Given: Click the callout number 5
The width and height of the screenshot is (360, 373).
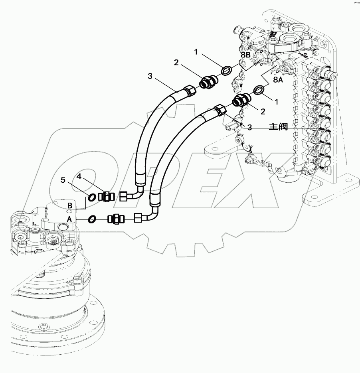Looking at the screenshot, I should pos(63,180).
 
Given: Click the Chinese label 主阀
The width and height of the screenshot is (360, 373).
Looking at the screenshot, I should pos(278,127).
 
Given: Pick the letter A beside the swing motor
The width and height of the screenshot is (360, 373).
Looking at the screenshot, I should pos(69,219).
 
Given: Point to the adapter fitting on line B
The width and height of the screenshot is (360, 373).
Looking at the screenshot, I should pos(107,196).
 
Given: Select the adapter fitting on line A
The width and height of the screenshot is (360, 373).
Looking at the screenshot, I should pos(117,218).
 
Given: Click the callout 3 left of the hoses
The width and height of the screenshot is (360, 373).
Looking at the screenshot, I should pos(150,76).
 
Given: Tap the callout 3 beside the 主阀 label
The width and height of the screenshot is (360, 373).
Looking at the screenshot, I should pos(249,127).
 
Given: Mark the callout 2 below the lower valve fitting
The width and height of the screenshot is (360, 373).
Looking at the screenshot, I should pos(263,112).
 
